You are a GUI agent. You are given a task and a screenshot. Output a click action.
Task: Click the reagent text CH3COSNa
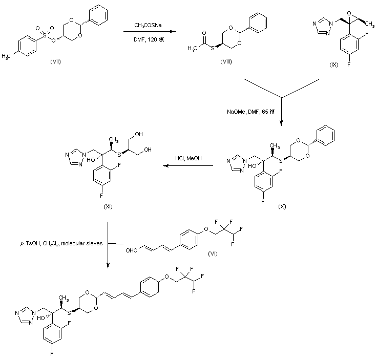(146, 25)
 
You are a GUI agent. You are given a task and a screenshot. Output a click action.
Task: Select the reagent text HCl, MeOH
(191, 158)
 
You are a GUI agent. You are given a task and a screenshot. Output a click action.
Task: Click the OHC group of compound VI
(133, 250)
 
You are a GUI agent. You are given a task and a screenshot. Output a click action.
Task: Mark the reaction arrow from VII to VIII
(149, 32)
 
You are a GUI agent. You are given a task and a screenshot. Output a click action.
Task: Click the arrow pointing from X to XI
(190, 166)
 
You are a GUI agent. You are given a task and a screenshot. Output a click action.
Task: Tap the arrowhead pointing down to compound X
(281, 123)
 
